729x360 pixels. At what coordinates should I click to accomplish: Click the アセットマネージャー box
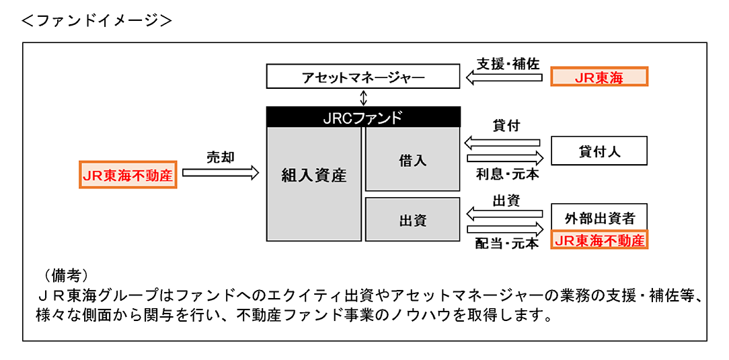pyautogui.click(x=363, y=77)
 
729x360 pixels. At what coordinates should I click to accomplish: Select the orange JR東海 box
pyautogui.click(x=599, y=77)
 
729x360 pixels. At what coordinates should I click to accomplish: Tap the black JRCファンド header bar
pyautogui.click(x=363, y=117)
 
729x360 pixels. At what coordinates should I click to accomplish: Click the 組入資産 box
pyautogui.click(x=313, y=176)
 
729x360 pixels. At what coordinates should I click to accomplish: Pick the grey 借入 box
pyautogui.click(x=412, y=160)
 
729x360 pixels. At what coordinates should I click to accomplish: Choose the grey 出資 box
pyautogui.click(x=412, y=220)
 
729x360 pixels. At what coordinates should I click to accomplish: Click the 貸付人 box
pyautogui.click(x=599, y=151)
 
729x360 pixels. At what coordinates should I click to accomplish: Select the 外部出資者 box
pyautogui.click(x=599, y=219)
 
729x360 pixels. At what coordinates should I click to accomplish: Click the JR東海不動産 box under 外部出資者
pyautogui.click(x=599, y=240)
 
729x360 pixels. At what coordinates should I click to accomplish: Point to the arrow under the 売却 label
pyautogui.click(x=221, y=173)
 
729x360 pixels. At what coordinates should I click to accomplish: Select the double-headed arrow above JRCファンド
pyautogui.click(x=364, y=98)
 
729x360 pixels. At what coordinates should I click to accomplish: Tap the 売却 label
pyautogui.click(x=220, y=157)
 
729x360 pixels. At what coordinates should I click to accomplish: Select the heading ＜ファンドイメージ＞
pyautogui.click(x=97, y=20)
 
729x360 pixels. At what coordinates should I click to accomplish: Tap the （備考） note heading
pyautogui.click(x=66, y=275)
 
